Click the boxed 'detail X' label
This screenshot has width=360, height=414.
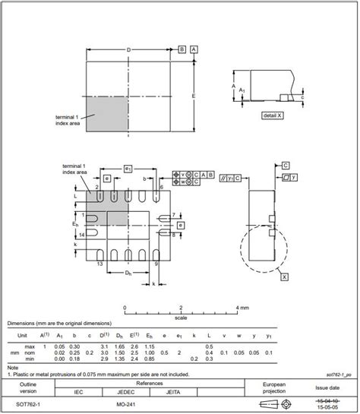[x=273, y=115]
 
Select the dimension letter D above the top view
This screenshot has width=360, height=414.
[x=128, y=49]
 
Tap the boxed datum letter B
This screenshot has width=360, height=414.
[x=182, y=49]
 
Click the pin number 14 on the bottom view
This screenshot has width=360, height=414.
[x=81, y=237]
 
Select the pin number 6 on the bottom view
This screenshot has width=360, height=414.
[x=163, y=186]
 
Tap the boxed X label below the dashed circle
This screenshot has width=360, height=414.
[x=284, y=277]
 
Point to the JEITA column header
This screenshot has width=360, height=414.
[x=172, y=393]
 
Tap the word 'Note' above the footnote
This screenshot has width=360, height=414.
[x=13, y=368]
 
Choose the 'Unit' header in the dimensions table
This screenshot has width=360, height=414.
[x=23, y=335]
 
